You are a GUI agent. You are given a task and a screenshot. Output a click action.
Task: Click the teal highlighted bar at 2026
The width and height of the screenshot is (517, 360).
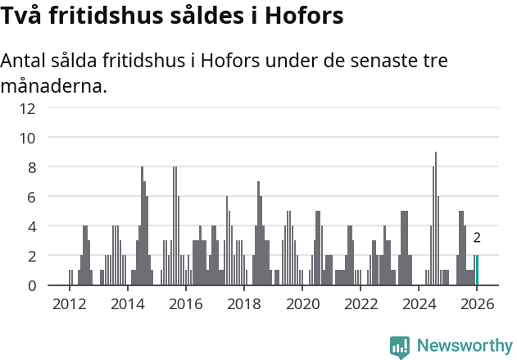(x=477, y=271)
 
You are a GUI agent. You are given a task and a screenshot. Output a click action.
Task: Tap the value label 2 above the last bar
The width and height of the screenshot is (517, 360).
(x=477, y=239)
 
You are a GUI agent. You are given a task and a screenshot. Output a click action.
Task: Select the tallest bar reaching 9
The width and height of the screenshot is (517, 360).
(x=436, y=218)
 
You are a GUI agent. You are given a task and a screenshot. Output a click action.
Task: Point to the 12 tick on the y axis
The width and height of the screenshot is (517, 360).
(x=50, y=107)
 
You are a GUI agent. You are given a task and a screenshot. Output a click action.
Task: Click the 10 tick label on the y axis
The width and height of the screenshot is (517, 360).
(x=50, y=137)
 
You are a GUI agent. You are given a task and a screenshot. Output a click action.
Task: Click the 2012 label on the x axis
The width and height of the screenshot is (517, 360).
(x=69, y=303)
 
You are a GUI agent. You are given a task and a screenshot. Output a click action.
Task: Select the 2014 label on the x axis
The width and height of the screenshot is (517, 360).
(x=127, y=303)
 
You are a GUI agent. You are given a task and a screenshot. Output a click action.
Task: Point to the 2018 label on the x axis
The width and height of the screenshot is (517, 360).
(x=243, y=303)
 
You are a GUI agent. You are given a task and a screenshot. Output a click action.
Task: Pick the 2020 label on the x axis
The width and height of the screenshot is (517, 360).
(x=302, y=303)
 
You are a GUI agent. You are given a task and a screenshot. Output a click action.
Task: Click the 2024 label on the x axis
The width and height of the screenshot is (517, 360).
(x=419, y=303)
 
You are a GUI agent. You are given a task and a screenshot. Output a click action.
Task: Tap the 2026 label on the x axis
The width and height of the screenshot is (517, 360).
(x=477, y=303)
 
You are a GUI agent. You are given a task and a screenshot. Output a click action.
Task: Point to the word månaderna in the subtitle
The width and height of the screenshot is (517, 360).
(x=54, y=85)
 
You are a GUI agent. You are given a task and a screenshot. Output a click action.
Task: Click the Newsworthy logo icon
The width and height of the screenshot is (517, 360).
(x=400, y=346)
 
